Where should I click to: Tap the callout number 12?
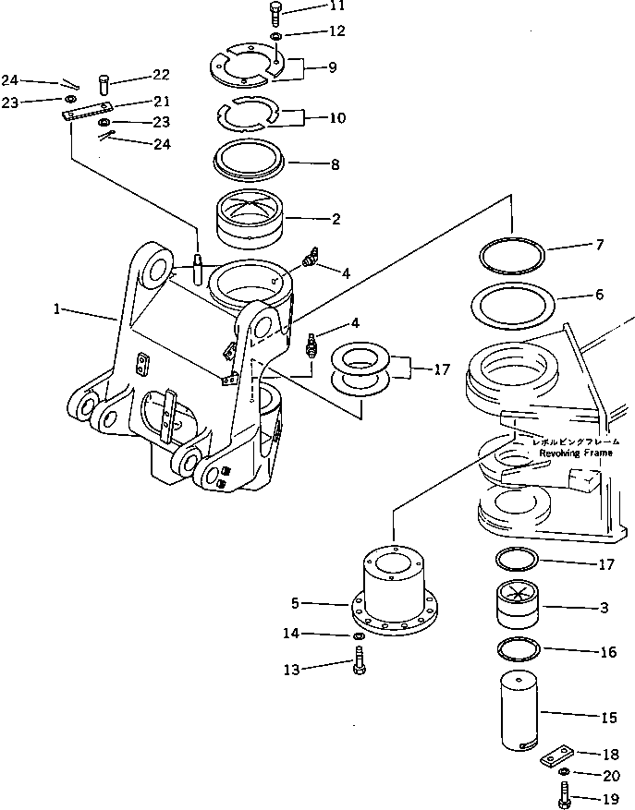click(311, 30)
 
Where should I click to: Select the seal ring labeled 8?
click(249, 160)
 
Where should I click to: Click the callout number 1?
click(58, 311)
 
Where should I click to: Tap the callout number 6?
click(600, 296)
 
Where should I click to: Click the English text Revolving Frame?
click(566, 453)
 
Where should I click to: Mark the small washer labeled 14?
click(358, 637)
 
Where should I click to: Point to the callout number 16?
click(607, 652)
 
